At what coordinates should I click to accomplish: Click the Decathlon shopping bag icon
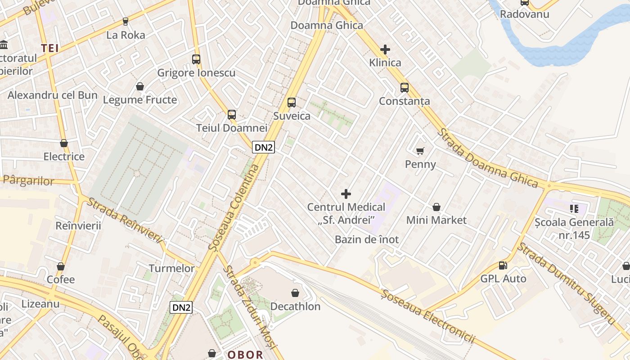pyautogui.click(x=295, y=293)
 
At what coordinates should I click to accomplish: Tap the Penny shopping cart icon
pyautogui.click(x=420, y=151)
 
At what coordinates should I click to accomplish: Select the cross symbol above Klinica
pyautogui.click(x=385, y=49)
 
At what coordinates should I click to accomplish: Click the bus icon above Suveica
pyautogui.click(x=292, y=103)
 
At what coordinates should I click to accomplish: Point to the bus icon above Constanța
pyautogui.click(x=405, y=88)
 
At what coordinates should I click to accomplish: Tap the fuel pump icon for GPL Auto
pyautogui.click(x=503, y=265)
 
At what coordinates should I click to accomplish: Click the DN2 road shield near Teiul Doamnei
pyautogui.click(x=263, y=147)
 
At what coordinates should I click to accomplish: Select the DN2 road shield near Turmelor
pyautogui.click(x=181, y=308)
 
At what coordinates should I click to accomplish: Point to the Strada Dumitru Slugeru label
pyautogui.click(x=566, y=283)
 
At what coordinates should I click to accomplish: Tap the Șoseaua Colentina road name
pyautogui.click(x=235, y=207)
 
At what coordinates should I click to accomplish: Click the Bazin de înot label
pyautogui.click(x=367, y=239)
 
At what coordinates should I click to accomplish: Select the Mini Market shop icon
pyautogui.click(x=436, y=207)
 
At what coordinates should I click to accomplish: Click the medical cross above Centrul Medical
pyautogui.click(x=346, y=194)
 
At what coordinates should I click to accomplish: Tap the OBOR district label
pyautogui.click(x=245, y=355)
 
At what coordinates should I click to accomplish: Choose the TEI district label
pyautogui.click(x=50, y=48)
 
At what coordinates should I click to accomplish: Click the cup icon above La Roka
pyautogui.click(x=126, y=21)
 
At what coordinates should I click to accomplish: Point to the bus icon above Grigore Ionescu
pyautogui.click(x=196, y=59)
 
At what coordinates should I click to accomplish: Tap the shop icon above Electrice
pyautogui.click(x=64, y=143)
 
